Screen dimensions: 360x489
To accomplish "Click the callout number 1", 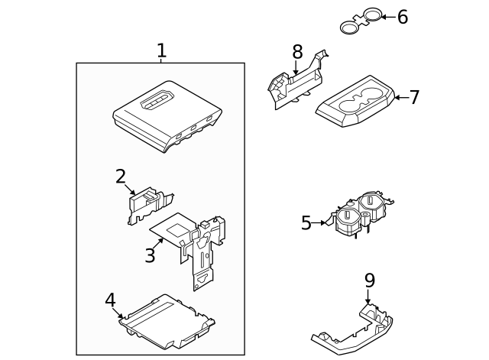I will click(x=161, y=51).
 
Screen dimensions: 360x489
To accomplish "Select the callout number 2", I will click(x=121, y=177).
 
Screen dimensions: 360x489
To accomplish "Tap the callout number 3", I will click(x=150, y=255).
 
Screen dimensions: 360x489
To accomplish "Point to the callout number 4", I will click(x=110, y=300).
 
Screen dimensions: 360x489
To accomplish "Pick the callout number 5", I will click(x=306, y=223).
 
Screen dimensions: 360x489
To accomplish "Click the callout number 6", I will click(x=402, y=17).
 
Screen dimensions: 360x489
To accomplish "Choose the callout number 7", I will click(x=414, y=97).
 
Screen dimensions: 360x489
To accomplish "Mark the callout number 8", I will click(x=297, y=52).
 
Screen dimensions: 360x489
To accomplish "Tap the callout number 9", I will click(x=369, y=281).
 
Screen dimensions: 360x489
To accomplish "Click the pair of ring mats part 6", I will click(x=361, y=21).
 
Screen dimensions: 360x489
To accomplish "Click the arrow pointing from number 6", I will click(x=388, y=16).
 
